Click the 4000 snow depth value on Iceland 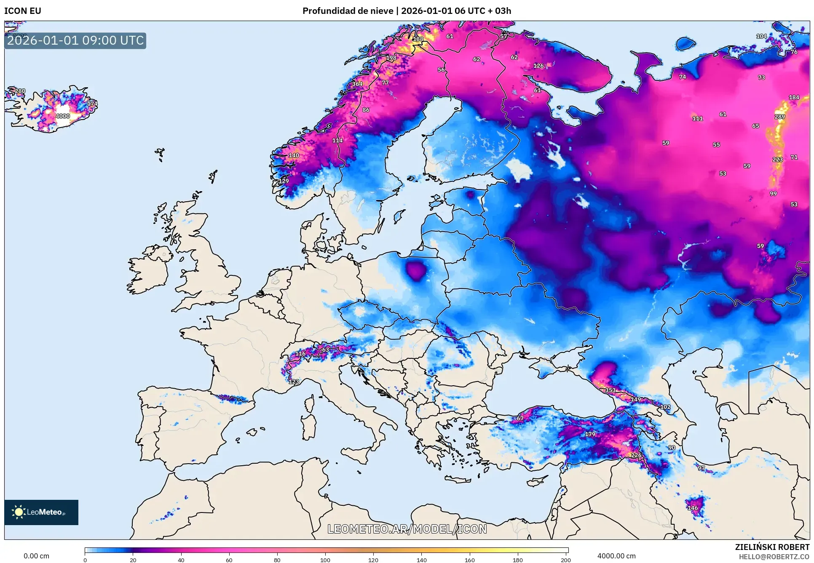63,116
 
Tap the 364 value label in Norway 357,84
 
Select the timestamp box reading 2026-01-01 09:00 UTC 75,41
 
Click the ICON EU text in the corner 23,11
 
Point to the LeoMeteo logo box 41,512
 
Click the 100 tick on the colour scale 325,560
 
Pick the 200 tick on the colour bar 565,560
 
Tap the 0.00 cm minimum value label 36,556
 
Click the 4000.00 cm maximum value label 616,556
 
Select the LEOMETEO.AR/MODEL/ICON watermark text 407,529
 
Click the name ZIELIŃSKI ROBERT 772,547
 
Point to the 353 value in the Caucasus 610,390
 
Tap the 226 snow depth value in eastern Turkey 636,455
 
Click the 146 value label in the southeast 693,508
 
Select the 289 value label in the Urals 779,117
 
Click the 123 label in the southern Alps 294,382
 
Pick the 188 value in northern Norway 418,39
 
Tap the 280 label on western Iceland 20,91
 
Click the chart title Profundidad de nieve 348,11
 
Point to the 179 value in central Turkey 590,434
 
